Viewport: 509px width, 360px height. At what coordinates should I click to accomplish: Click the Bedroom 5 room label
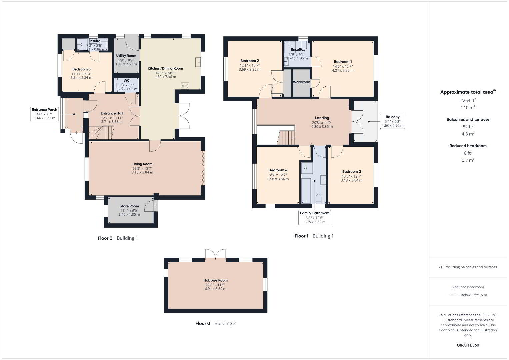pyautogui.click(x=81, y=69)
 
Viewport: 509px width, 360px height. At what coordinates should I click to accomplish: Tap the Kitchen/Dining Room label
pyautogui.click(x=165, y=68)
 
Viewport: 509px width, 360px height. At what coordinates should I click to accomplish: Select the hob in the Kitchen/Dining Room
pyautogui.click(x=185, y=86)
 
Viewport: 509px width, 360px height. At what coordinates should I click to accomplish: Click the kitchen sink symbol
pyautogui.click(x=198, y=62)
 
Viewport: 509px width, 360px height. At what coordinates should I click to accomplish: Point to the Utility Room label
pyautogui.click(x=126, y=56)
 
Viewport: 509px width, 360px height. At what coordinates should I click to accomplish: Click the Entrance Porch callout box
pyautogui.click(x=45, y=114)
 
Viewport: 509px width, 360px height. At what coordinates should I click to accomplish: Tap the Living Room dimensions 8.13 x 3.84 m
pyautogui.click(x=142, y=173)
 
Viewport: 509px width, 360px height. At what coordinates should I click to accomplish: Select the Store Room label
pyautogui.click(x=129, y=206)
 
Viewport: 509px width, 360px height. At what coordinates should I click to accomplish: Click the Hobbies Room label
pyautogui.click(x=215, y=280)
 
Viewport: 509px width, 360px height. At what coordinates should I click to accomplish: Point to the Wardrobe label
pyautogui.click(x=301, y=82)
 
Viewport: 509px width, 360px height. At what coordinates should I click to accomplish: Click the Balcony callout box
pyautogui.click(x=392, y=121)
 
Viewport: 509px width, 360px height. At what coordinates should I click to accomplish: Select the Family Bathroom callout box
pyautogui.click(x=314, y=217)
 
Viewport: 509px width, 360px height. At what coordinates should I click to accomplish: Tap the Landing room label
pyautogui.click(x=322, y=118)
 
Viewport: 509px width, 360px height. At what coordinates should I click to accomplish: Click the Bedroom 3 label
pyautogui.click(x=352, y=172)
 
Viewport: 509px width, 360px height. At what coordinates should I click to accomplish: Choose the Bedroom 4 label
pyautogui.click(x=278, y=170)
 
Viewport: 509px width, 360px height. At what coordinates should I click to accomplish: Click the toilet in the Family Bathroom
pyautogui.click(x=319, y=198)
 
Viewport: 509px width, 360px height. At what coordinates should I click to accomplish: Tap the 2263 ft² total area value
pyautogui.click(x=468, y=100)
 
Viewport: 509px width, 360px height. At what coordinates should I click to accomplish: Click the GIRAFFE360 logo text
pyautogui.click(x=468, y=345)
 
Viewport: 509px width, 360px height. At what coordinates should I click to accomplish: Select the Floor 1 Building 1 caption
pyautogui.click(x=314, y=236)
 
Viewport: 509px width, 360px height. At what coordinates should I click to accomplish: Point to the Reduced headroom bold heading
pyautogui.click(x=468, y=146)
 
